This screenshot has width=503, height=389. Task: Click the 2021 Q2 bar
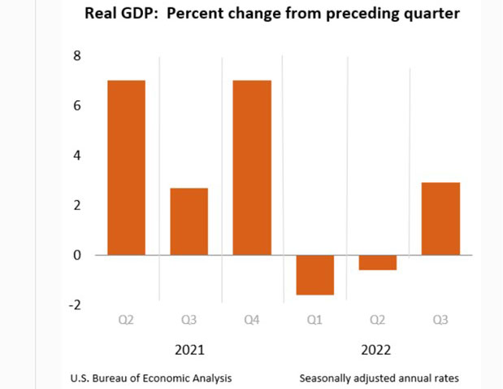click(126, 167)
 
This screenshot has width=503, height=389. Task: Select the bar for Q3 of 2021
click(189, 221)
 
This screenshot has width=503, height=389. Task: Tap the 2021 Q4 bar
click(252, 167)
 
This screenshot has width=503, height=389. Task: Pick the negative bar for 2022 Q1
click(314, 274)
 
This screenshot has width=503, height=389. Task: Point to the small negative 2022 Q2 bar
click(377, 262)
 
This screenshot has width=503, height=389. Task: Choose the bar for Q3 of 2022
click(440, 218)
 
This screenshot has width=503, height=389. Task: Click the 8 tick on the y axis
click(77, 55)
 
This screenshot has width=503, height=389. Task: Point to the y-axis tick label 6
click(77, 105)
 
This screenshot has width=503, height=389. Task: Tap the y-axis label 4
click(77, 155)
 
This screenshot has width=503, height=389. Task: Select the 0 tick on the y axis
click(77, 255)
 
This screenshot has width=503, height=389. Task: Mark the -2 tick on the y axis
click(76, 304)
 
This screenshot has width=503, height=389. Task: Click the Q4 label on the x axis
click(252, 320)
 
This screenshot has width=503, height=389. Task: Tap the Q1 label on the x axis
click(314, 320)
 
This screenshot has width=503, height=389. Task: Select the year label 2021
click(189, 350)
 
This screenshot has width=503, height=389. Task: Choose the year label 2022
click(377, 350)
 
